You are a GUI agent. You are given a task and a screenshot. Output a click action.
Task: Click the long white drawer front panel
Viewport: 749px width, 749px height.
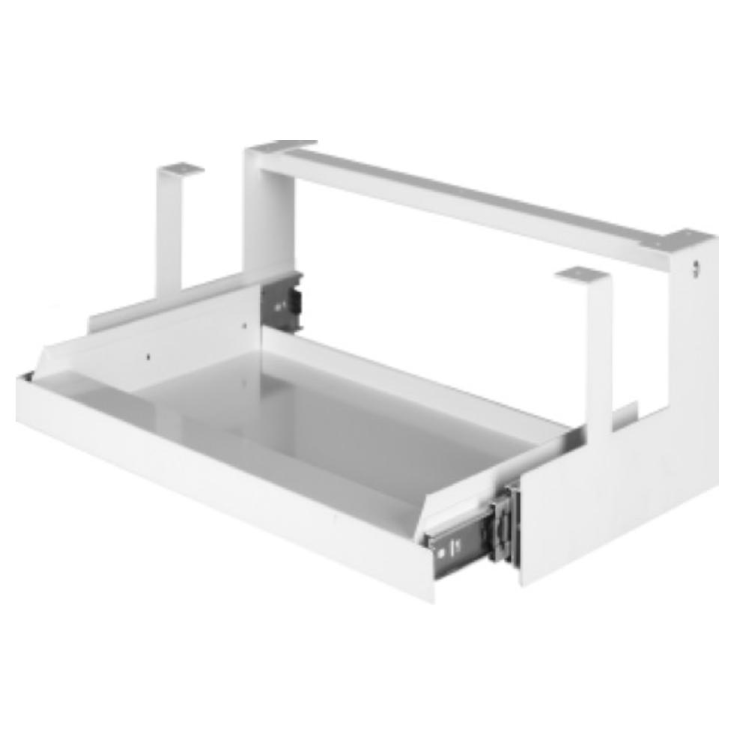217,487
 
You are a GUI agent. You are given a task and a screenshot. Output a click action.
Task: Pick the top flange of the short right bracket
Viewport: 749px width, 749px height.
582,275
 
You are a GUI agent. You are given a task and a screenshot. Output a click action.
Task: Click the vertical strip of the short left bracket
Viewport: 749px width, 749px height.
169,232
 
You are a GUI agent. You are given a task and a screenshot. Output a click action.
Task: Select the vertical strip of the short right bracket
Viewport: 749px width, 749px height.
599,352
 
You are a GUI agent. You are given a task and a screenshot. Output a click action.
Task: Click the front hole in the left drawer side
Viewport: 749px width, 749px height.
148,357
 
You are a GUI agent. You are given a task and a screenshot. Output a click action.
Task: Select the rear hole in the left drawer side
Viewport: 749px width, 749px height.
244,326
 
